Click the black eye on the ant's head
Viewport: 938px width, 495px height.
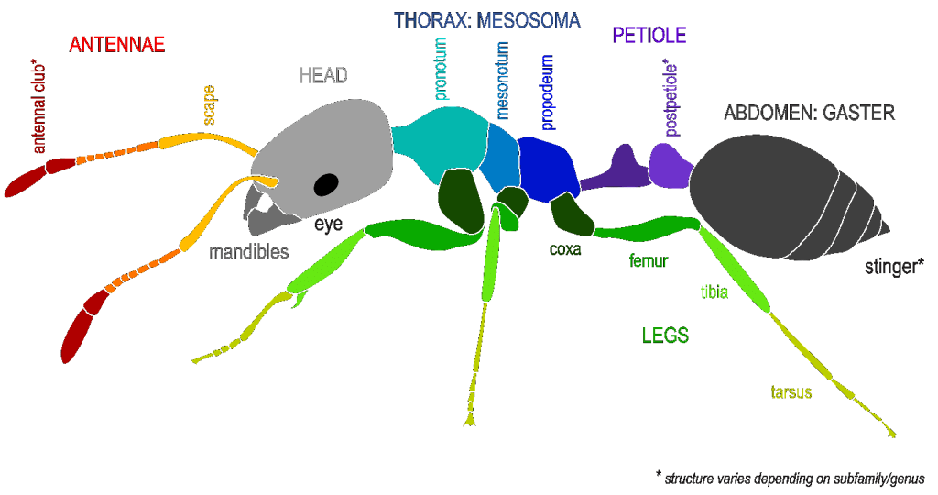[x=325, y=185]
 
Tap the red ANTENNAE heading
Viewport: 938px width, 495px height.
[x=116, y=44]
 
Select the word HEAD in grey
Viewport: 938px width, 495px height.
[x=323, y=76]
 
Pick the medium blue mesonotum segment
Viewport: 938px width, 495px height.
[x=502, y=156]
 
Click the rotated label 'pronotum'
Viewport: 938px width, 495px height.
[x=441, y=70]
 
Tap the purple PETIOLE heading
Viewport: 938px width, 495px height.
[x=649, y=36]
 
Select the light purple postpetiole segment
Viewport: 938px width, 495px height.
[x=670, y=164]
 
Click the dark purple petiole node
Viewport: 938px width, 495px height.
[x=616, y=167]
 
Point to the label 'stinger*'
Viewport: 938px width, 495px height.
[x=893, y=267]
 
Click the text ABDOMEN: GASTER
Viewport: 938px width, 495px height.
[x=809, y=113]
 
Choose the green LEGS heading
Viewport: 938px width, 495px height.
[x=665, y=335]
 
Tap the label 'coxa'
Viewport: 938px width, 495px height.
[x=565, y=247]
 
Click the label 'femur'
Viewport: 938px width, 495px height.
[x=649, y=260]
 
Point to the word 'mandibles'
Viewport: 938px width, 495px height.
[x=249, y=251]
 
